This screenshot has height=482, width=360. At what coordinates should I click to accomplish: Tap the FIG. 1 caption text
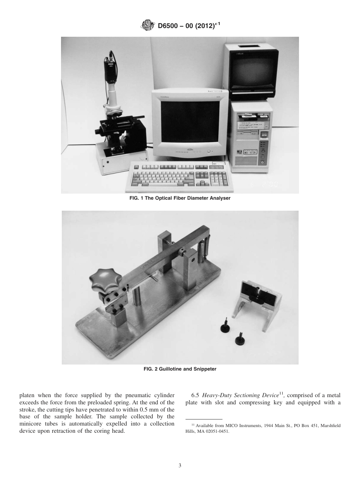[x=180, y=198]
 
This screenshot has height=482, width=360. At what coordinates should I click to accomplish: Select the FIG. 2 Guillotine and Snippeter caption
[x=180, y=369]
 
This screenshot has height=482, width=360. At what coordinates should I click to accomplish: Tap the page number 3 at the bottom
[x=180, y=465]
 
